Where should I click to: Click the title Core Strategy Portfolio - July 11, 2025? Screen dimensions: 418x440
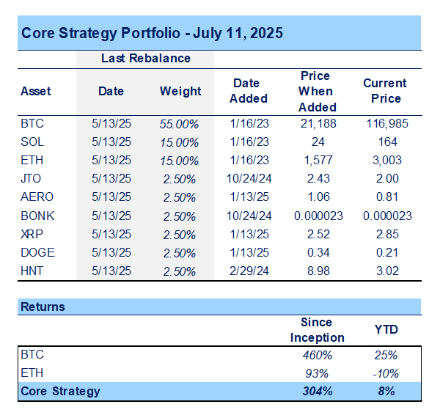(152, 33)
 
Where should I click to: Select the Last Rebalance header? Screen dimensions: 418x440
(145, 58)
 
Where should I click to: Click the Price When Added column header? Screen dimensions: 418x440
(318, 92)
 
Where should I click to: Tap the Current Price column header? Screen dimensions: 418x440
(386, 91)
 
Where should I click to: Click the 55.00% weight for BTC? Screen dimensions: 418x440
(180, 124)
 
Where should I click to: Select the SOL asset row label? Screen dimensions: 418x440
(32, 142)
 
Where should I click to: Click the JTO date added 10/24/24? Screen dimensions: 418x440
(249, 179)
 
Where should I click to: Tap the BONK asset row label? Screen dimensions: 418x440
(37, 216)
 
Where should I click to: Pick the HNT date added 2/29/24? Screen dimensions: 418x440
(249, 271)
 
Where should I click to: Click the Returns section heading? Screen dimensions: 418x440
(43, 307)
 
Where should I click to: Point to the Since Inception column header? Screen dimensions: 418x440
(317, 330)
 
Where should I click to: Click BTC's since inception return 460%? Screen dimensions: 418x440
(317, 355)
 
